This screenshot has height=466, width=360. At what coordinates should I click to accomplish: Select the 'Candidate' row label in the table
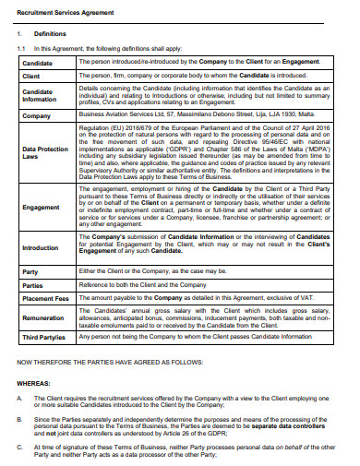tap(39, 63)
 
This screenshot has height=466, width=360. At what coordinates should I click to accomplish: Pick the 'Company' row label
tap(36, 116)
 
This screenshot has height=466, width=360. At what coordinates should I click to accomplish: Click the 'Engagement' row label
tap(41, 208)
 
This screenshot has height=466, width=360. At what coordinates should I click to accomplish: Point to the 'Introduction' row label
tap(41, 248)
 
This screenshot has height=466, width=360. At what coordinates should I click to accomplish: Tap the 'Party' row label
tap(30, 272)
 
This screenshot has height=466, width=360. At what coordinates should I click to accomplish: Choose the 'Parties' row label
tap(31, 286)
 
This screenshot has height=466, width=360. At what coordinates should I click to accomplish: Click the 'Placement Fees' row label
tap(46, 300)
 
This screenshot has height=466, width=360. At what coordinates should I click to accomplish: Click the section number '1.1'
tap(22, 47)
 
